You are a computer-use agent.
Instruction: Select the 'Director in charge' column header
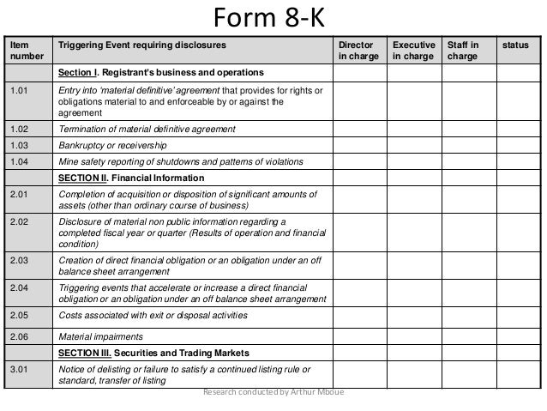(357, 49)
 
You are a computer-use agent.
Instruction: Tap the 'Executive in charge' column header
(412, 49)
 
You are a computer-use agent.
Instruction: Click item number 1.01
(18, 91)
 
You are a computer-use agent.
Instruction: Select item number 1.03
(18, 145)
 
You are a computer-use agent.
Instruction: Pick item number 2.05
(18, 315)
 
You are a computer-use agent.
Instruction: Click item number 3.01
(18, 369)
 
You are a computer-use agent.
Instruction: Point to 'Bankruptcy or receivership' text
(111, 145)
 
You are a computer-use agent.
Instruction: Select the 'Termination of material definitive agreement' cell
(147, 129)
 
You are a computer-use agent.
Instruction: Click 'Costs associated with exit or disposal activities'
(153, 315)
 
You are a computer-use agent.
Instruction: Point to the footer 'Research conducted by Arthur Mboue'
(273, 394)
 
